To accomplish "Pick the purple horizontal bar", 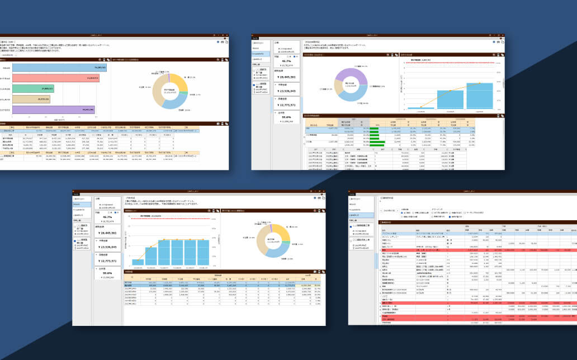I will [54, 110].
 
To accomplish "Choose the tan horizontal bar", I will [31, 99].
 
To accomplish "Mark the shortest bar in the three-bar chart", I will [420, 107].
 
